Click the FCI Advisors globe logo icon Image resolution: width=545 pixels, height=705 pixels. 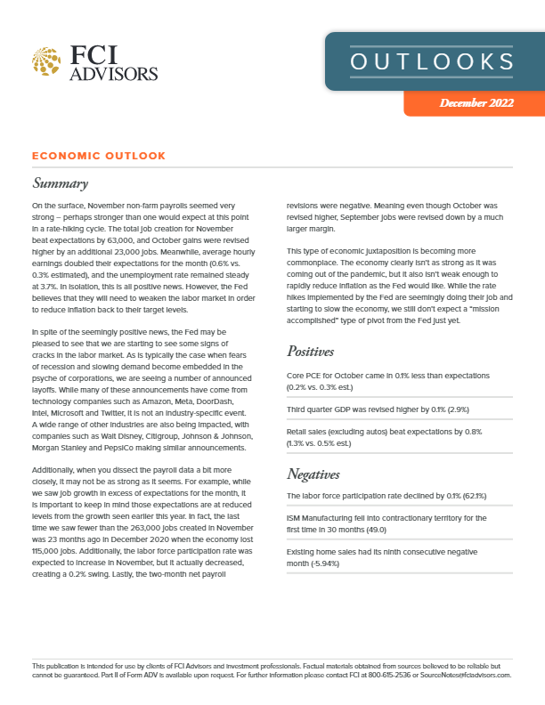click(46, 61)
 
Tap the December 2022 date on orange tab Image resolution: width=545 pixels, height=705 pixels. click(476, 104)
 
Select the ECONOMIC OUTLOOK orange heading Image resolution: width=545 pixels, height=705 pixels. click(98, 156)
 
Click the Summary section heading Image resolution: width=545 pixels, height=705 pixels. click(60, 184)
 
